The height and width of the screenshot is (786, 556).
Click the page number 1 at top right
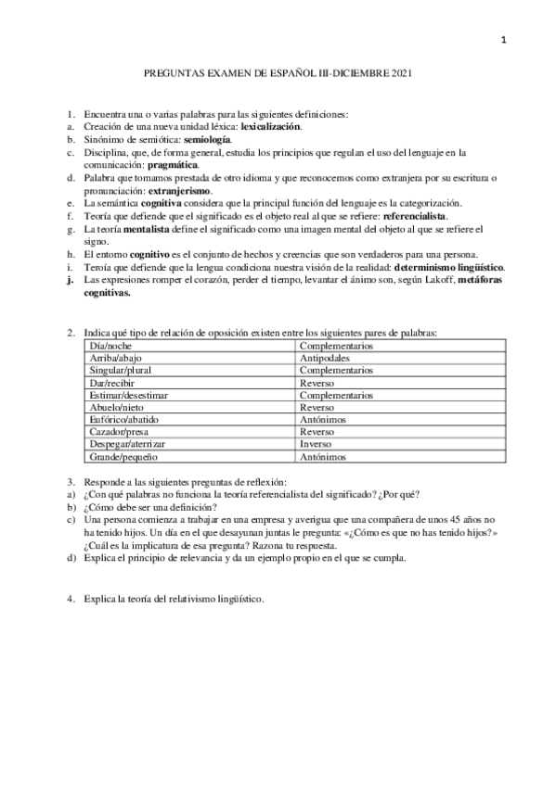pos(502,39)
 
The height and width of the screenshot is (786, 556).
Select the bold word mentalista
pos(144,228)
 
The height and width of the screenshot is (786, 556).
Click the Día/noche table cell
pos(110,345)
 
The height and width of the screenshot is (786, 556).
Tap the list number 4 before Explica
pos(71,598)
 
